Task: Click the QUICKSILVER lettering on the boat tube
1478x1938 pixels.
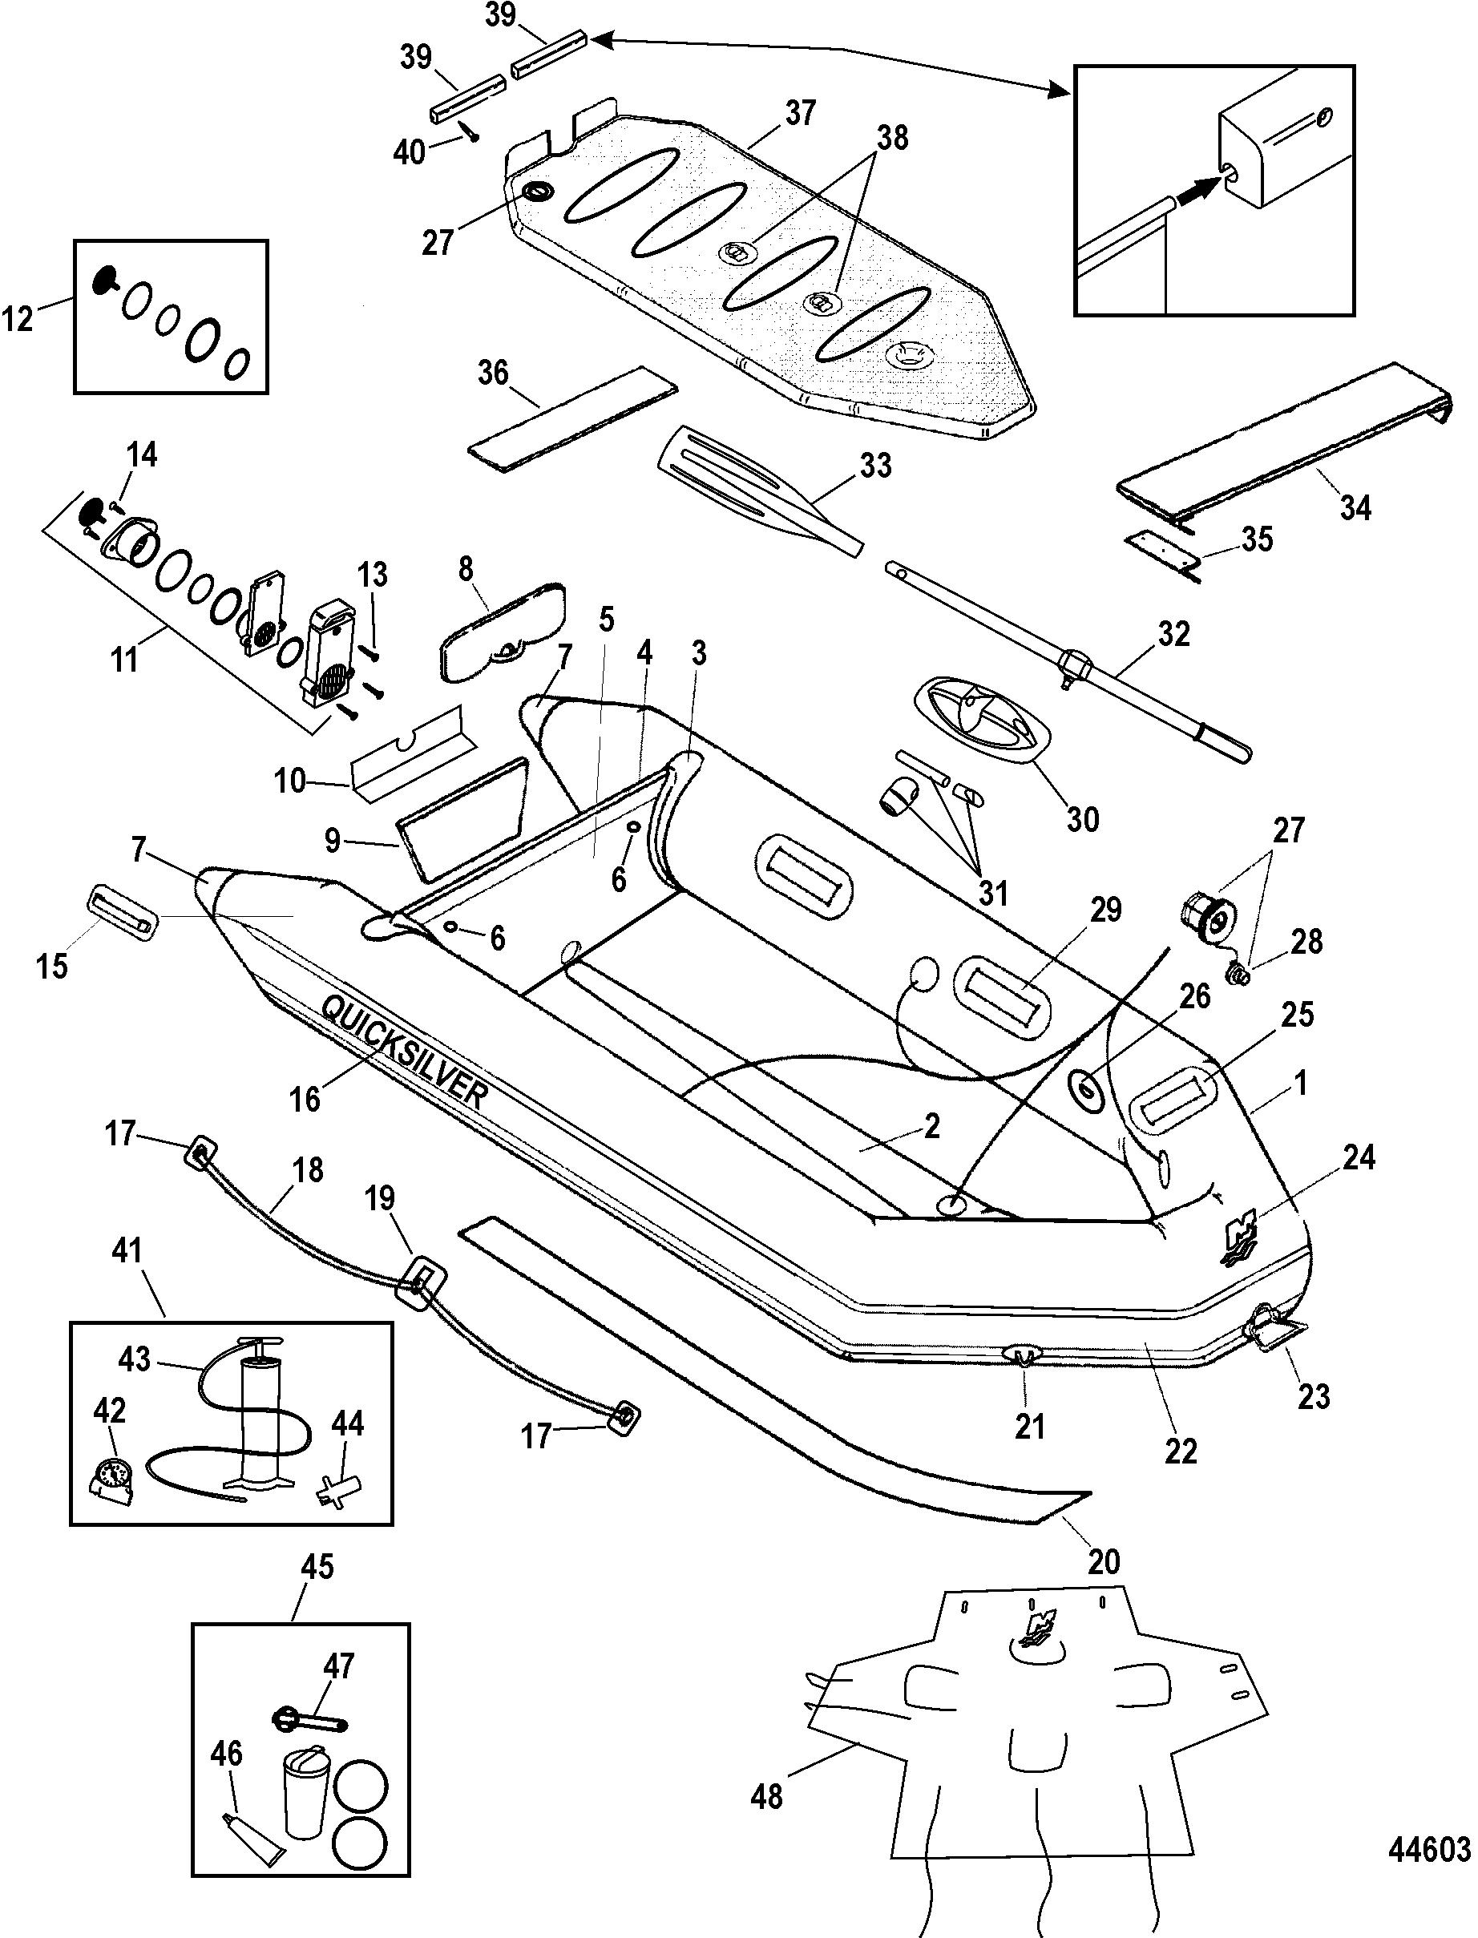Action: coord(404,1052)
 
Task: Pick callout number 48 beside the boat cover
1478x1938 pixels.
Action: coord(766,1796)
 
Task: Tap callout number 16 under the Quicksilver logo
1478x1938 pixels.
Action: coord(305,1100)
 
